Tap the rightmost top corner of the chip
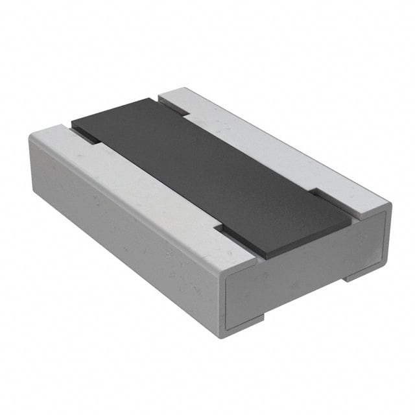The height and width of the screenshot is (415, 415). coord(391,206)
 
